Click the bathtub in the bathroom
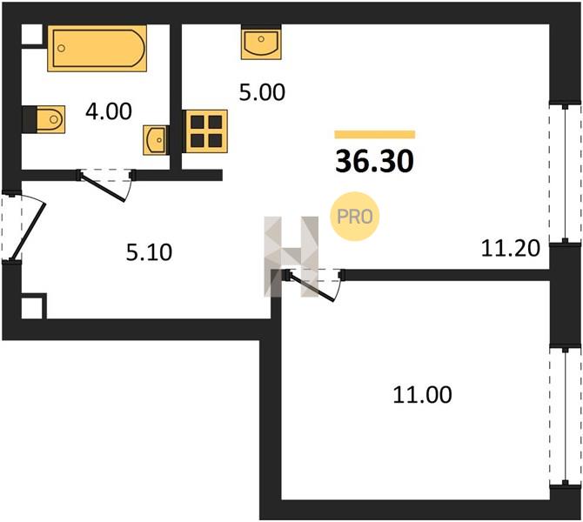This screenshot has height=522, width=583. pos(97,48)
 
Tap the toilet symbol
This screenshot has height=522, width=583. pos(50,119)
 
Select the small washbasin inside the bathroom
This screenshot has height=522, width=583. pos(155,140)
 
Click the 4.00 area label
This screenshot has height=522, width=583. pos(109,111)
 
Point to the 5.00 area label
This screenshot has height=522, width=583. pos(262,92)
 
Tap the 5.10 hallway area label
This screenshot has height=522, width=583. pos(149,252)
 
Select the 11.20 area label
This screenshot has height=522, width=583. pos(510,248)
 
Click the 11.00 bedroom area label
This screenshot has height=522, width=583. pos(422,394)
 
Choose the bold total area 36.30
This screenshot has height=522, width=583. pos(374,162)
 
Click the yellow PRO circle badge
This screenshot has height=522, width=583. pos(355,217)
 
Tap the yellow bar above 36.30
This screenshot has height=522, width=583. pos(375,134)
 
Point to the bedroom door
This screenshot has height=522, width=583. pos(314,285)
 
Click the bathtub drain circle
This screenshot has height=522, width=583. pos(62,48)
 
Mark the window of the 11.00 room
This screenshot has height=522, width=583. pos(565,417)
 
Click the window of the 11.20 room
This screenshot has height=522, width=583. pos(565,174)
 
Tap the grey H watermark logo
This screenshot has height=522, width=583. pos(291,257)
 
